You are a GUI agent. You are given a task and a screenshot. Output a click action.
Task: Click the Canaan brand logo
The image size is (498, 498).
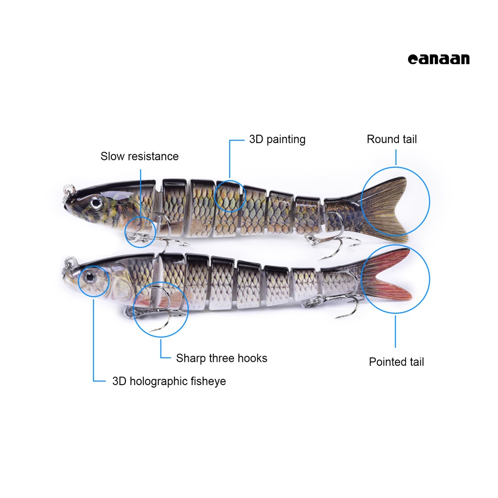(x=439, y=59)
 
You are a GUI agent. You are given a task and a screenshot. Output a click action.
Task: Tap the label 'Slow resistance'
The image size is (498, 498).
(x=140, y=156)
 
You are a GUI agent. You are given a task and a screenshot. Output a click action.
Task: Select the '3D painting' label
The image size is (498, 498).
(x=277, y=139)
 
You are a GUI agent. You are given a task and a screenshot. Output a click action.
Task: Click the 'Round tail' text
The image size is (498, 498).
(x=391, y=139)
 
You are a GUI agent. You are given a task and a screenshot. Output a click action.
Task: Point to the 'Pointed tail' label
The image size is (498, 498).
(x=396, y=362)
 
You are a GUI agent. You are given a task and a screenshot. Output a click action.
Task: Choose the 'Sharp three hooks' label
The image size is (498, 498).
(x=221, y=358)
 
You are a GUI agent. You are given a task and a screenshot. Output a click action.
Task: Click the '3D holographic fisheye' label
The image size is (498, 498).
(x=169, y=381)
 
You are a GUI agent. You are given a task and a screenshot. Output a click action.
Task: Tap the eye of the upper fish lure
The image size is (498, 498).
(x=96, y=200)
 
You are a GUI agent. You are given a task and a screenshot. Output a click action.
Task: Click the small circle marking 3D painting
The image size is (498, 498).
(x=229, y=196)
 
